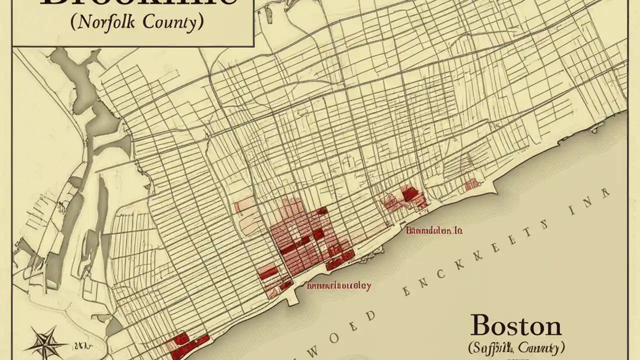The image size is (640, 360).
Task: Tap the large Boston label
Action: pyautogui.click(x=515, y=326)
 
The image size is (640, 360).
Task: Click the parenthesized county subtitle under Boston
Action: pyautogui.click(x=516, y=347)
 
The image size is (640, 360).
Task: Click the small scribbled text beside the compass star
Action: pyautogui.click(x=79, y=345)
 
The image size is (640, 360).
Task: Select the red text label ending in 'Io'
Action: pyautogui.click(x=433, y=230)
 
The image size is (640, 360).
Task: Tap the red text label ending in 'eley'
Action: pyautogui.click(x=339, y=286)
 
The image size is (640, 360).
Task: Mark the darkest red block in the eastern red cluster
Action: pyautogui.click(x=410, y=194)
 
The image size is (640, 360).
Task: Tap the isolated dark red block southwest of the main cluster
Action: pyautogui.click(x=268, y=272)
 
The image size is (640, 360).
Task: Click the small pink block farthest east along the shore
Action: pyautogui.click(x=470, y=185)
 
